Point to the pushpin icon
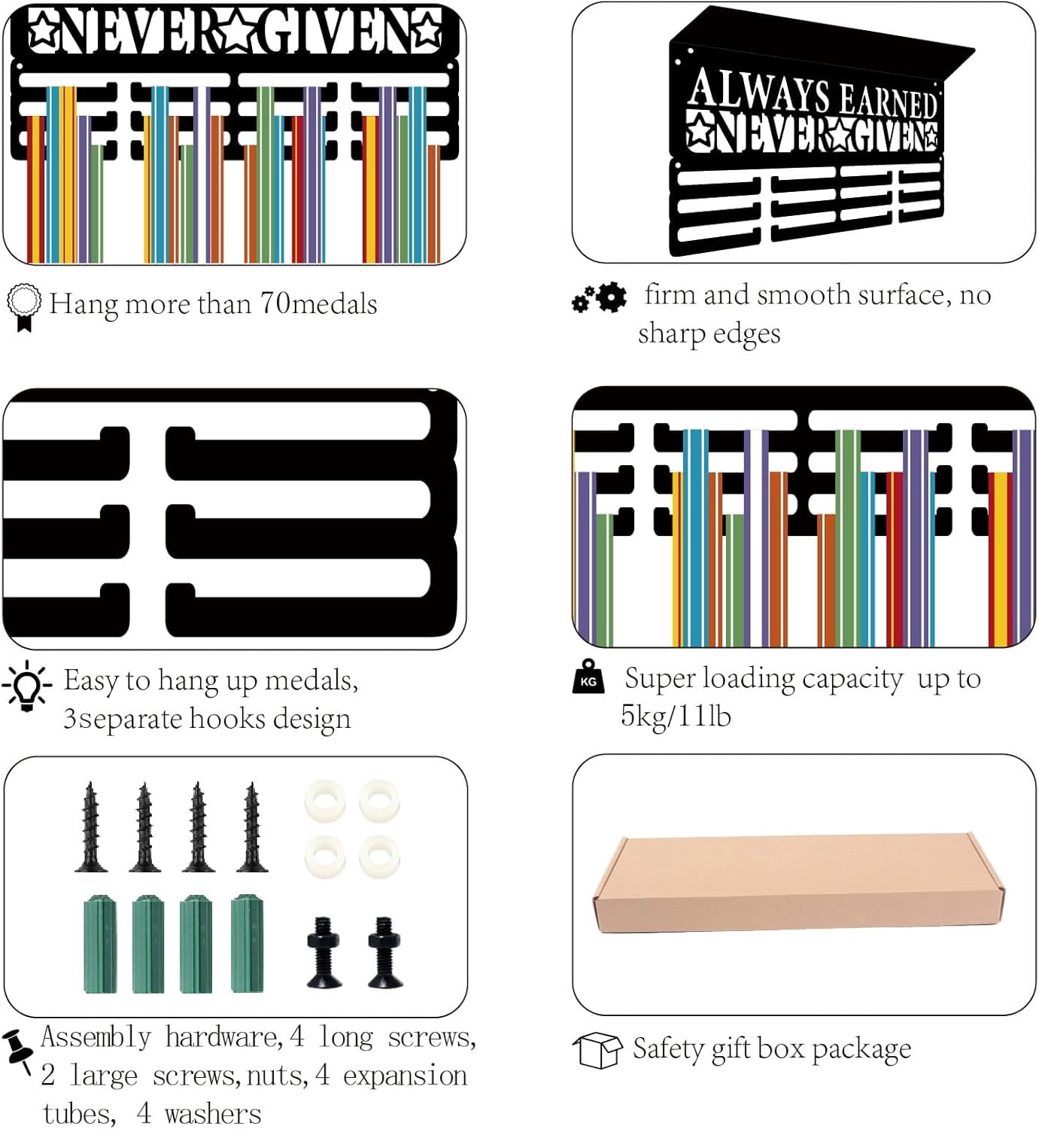pyautogui.click(x=17, y=1051)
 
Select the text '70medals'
pyautogui.click(x=318, y=304)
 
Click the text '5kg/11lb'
pyautogui.click(x=676, y=716)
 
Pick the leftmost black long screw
pyautogui.click(x=91, y=826)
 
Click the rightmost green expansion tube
pyautogui.click(x=247, y=942)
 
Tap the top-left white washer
pyautogui.click(x=325, y=801)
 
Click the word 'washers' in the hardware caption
pyautogui.click(x=213, y=1114)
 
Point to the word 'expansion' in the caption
pyautogui.click(x=406, y=1076)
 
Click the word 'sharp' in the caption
pyautogui.click(x=670, y=335)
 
